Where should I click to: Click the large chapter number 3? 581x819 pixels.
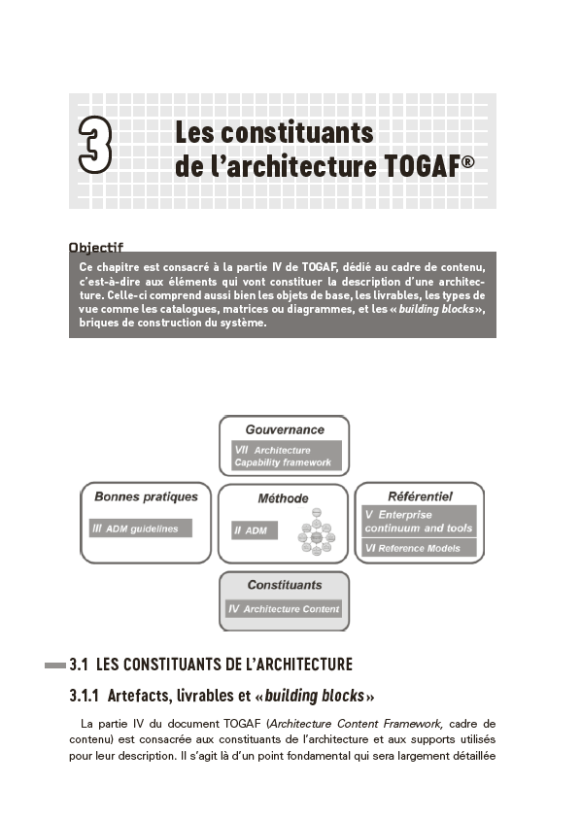(x=95, y=148)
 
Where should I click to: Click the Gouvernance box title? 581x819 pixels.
(x=285, y=429)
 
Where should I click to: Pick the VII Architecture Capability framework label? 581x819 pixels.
(x=284, y=457)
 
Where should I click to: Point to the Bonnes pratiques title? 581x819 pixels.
(x=146, y=496)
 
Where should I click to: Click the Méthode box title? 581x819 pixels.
(x=283, y=498)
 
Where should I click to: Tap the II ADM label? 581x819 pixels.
(x=253, y=531)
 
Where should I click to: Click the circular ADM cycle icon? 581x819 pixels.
(x=316, y=532)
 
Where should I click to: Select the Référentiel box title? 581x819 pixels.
(x=420, y=496)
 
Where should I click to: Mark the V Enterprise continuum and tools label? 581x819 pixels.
(x=419, y=521)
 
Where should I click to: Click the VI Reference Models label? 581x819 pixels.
(x=419, y=549)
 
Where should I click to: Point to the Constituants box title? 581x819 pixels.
(x=284, y=585)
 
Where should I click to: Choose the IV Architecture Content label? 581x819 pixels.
(x=284, y=609)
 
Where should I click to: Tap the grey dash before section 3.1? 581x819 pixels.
(x=55, y=665)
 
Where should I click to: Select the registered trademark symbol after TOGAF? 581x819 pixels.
(x=468, y=161)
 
